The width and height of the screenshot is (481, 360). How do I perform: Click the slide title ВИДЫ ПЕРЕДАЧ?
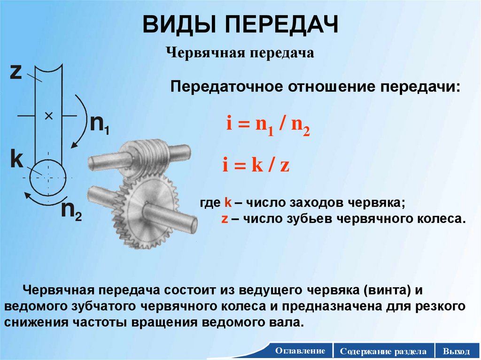pos(240,25)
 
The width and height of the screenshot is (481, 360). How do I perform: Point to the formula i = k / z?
pos(256,166)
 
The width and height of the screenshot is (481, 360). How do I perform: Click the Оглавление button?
pos(301,351)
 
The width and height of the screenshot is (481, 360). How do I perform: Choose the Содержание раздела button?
pos(384,351)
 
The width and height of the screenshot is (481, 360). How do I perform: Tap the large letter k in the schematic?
pos(17,160)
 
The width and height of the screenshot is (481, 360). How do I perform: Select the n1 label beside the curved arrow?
pos(100,124)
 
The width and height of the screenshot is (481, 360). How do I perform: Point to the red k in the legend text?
pos(226,203)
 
